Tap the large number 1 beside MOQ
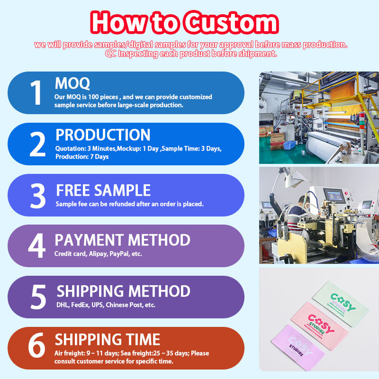(x=36, y=92)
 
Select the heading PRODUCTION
(x=103, y=135)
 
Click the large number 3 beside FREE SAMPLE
(x=38, y=196)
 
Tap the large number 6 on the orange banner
(x=37, y=345)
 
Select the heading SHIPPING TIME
(x=108, y=339)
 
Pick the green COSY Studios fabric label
(x=341, y=304)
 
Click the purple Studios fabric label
(x=298, y=348)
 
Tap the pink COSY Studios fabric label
(x=319, y=326)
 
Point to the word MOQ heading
(x=72, y=83)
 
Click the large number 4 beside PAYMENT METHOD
(x=37, y=245)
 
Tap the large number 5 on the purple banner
(x=38, y=297)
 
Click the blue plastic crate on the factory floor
(x=289, y=145)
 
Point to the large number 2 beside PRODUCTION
(x=37, y=144)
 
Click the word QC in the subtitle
(x=110, y=54)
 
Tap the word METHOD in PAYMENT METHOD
(x=159, y=240)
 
